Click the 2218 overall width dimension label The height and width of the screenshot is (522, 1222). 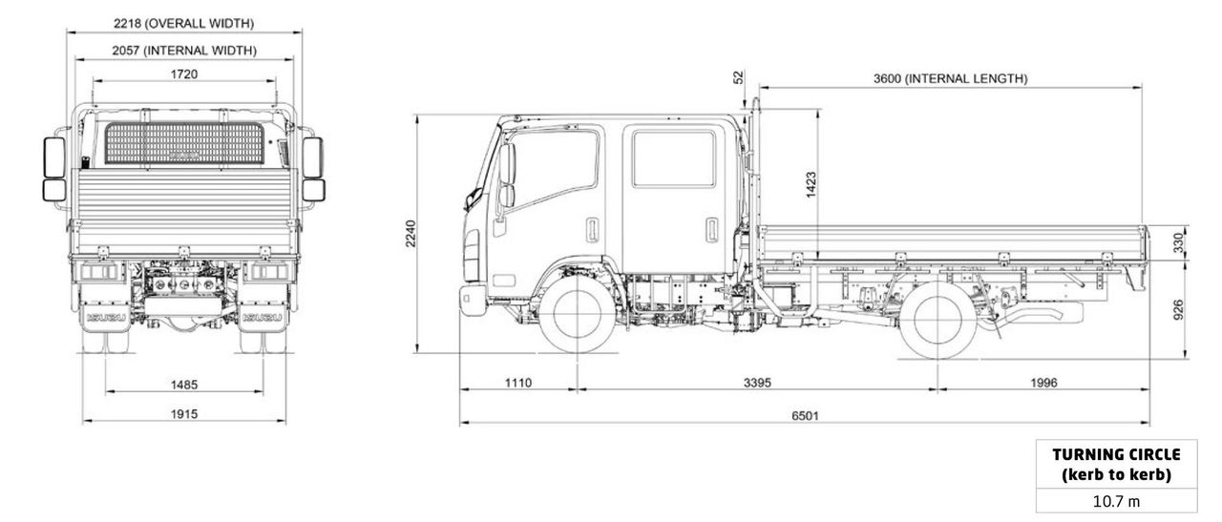point(183,23)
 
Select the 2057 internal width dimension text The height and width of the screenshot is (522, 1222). point(183,50)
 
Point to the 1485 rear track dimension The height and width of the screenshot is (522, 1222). point(184,385)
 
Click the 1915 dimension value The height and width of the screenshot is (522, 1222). point(184,415)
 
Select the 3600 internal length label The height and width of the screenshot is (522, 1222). point(950,78)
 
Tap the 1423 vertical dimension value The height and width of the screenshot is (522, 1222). point(811,184)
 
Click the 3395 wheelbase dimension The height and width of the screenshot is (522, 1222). point(756,383)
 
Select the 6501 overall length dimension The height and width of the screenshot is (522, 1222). point(804,415)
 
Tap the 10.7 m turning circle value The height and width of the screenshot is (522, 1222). point(1115,501)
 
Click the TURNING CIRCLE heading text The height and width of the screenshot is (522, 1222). point(1115,454)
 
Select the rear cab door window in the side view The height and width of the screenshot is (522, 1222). point(673,157)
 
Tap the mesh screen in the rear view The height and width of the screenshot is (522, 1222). point(183,143)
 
